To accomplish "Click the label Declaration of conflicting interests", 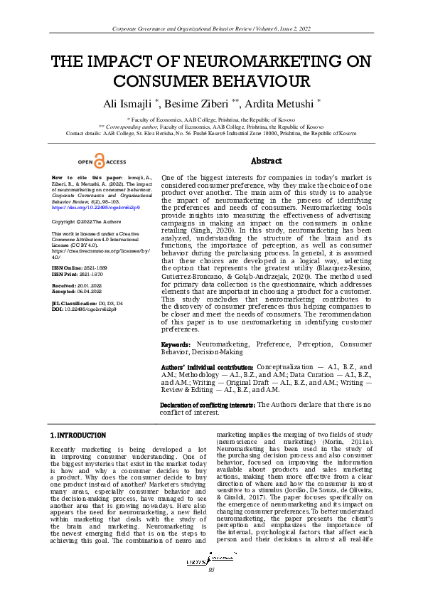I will [207, 405].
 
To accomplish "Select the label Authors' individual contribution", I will [207, 367].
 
